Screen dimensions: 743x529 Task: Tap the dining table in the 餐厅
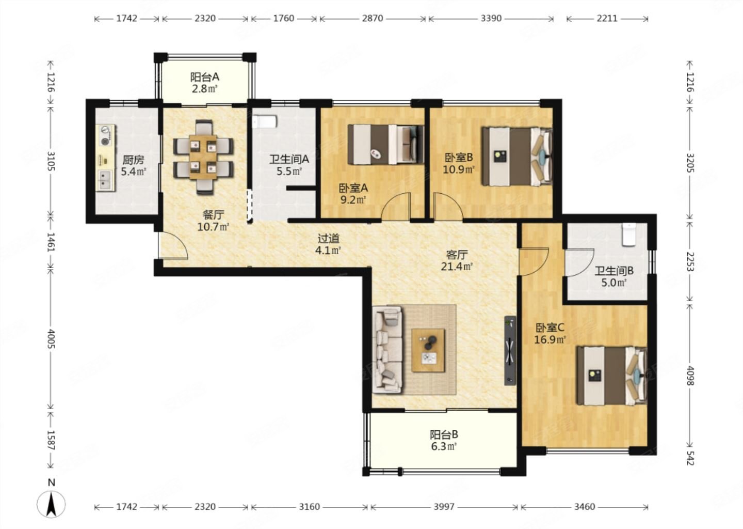pos(203,157)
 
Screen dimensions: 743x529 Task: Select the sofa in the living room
pos(387,350)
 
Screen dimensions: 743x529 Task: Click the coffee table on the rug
pos(428,350)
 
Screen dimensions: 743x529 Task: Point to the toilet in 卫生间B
pos(629,235)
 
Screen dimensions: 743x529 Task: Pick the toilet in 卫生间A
pos(264,121)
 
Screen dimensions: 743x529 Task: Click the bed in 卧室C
pos(612,376)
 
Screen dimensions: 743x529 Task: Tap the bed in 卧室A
pos(386,145)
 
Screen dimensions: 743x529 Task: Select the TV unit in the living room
pos(510,351)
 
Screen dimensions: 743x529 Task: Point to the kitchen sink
pos(105,180)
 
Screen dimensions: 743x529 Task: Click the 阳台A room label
pos(205,77)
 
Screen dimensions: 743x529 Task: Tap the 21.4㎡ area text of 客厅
pos(457,267)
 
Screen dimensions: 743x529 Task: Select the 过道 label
pos(328,238)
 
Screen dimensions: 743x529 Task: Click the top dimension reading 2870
pos(373,18)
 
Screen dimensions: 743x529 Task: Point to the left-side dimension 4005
pos(51,339)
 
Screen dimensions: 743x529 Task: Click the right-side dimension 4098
pos(690,376)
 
